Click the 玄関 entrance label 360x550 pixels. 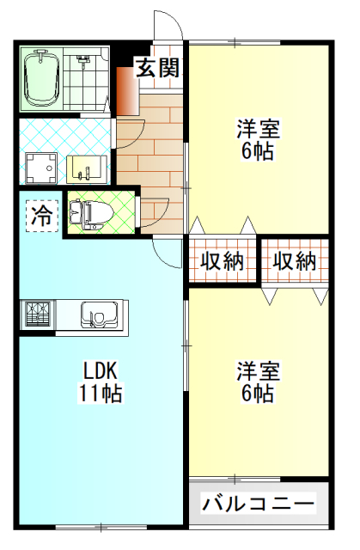pyautogui.click(x=159, y=69)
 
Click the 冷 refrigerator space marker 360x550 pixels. pyautogui.click(x=40, y=216)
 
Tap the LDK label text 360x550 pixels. pyautogui.click(x=101, y=372)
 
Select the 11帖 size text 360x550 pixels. pyautogui.click(x=101, y=394)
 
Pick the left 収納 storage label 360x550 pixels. pyautogui.click(x=223, y=261)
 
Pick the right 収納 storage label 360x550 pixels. pyautogui.click(x=295, y=261)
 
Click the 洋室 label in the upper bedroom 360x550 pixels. pyautogui.click(x=258, y=131)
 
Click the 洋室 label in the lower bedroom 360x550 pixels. pyautogui.click(x=258, y=372)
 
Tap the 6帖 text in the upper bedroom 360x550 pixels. pyautogui.click(x=258, y=153)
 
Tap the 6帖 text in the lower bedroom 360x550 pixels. pyautogui.click(x=258, y=394)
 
